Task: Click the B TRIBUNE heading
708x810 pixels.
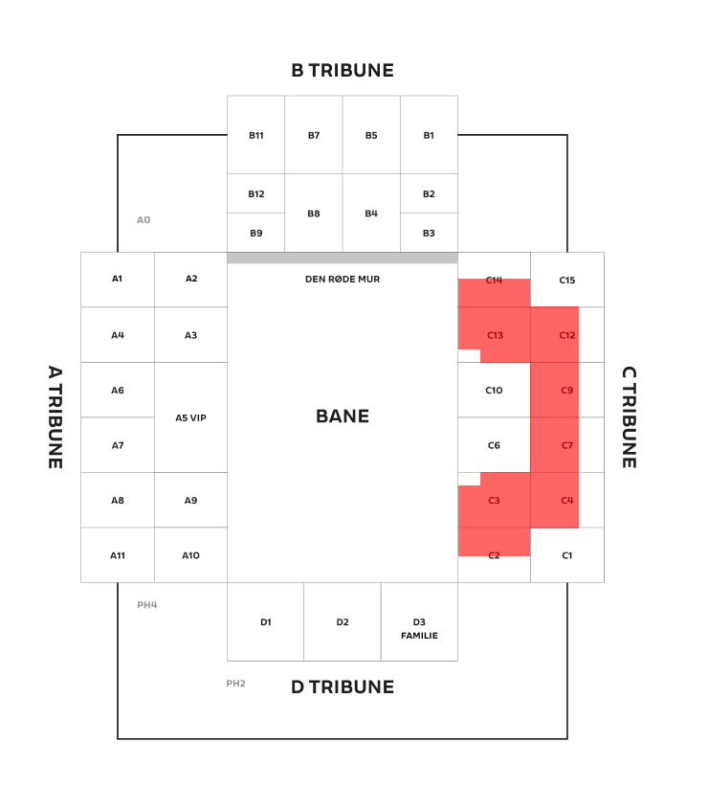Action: coord(343,70)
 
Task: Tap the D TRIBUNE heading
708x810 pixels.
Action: coord(343,687)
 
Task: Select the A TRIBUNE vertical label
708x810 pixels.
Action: coord(55,416)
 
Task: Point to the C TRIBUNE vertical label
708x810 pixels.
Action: coord(629,416)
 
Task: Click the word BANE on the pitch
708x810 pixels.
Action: coord(343,416)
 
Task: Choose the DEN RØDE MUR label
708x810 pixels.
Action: coord(343,280)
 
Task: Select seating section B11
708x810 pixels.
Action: coord(256,135)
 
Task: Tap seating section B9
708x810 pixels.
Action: coord(256,233)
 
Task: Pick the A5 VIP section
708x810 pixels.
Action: coord(191,417)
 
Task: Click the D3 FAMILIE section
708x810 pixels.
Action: coord(419,622)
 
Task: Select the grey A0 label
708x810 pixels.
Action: coord(144,220)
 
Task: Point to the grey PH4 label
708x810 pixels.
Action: coord(147,605)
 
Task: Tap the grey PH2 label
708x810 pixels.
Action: coord(235,684)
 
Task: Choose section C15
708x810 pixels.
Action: coord(567,280)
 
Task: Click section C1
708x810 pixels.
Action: coord(567,555)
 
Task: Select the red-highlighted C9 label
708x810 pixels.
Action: coord(567,391)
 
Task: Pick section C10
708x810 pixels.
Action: coord(494,390)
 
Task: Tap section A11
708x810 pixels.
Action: coord(118,555)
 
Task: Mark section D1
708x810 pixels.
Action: coord(266,622)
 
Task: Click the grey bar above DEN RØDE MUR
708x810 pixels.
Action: coord(343,259)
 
